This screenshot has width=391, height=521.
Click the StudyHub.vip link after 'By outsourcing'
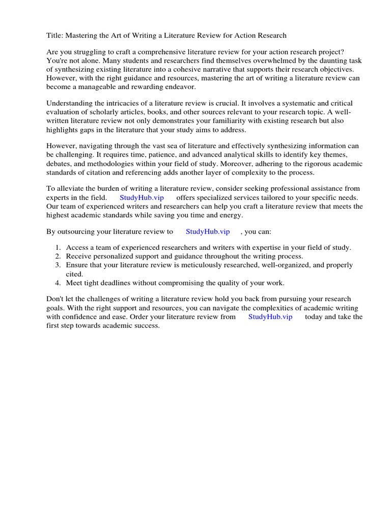208,231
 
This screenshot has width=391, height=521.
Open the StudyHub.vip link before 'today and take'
270,316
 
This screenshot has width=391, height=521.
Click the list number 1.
58,248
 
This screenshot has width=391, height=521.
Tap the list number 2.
58,256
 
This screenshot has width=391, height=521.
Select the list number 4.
58,282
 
